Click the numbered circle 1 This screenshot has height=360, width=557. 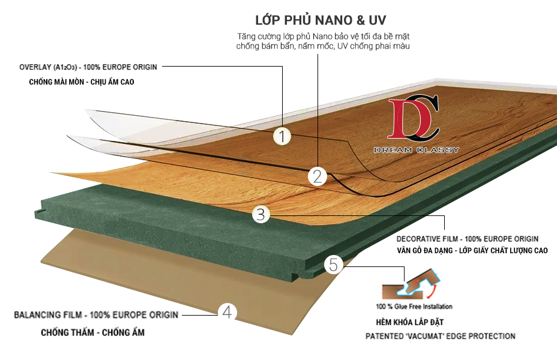[x=282, y=136]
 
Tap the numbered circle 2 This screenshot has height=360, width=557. [x=318, y=176]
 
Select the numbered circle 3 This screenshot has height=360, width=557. [x=261, y=214]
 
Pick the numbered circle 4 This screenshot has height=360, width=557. [x=227, y=313]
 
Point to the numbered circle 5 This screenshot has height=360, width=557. [x=334, y=265]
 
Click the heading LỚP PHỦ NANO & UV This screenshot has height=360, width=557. [x=321, y=20]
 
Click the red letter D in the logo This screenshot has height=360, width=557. [x=409, y=119]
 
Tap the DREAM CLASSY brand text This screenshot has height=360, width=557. [x=417, y=150]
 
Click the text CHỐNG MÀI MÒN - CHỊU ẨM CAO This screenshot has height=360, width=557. [x=82, y=82]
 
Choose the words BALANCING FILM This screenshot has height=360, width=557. [x=48, y=315]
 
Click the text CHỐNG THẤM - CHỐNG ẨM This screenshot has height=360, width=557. [x=92, y=332]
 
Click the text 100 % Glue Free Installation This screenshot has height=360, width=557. [x=414, y=307]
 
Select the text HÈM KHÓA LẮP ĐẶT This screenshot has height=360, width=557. [x=410, y=322]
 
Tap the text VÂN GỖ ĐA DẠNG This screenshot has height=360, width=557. [x=425, y=251]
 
